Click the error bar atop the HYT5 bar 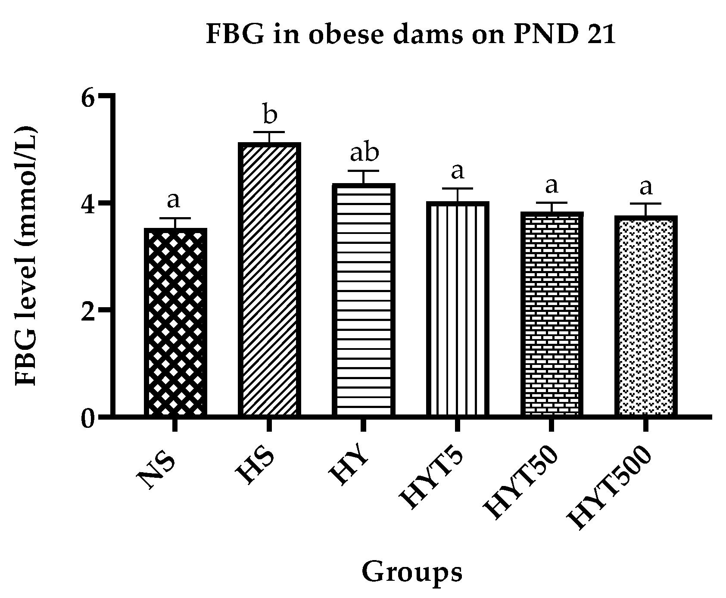[x=458, y=194]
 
